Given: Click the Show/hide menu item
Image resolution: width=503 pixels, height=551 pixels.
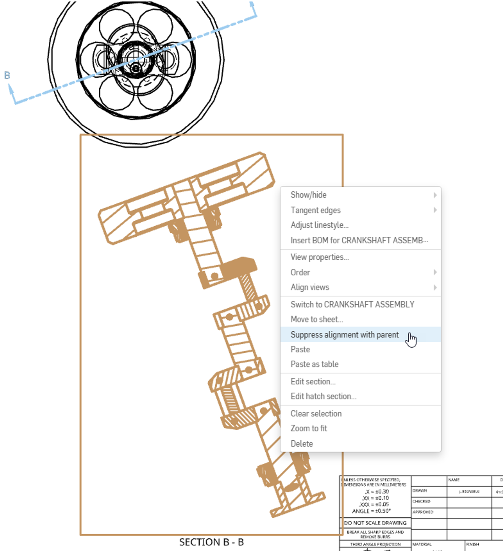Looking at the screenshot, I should [308, 195].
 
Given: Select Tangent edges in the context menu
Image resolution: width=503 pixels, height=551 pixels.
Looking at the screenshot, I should [315, 210].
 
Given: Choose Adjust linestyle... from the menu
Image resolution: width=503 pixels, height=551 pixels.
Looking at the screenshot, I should [319, 225].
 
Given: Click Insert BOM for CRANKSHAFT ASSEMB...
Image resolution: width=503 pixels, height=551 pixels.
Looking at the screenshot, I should [359, 240].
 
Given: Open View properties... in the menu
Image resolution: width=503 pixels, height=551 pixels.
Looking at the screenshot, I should [319, 257].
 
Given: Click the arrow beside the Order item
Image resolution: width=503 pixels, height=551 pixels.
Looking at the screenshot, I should [435, 272].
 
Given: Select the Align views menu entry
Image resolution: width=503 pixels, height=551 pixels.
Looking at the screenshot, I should [310, 287].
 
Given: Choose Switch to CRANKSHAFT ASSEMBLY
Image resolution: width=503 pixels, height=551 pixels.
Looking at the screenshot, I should [352, 304].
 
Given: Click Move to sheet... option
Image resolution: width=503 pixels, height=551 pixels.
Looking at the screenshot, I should [317, 319].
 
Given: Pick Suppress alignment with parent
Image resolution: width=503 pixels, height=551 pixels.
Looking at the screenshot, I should [344, 334].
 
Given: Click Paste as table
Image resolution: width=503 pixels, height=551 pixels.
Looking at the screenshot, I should [314, 364].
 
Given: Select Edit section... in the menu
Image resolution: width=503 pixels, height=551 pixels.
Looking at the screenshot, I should [313, 381].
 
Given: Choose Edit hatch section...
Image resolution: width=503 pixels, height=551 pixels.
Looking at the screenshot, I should [323, 396].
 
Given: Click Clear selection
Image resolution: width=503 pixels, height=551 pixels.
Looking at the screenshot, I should [316, 413].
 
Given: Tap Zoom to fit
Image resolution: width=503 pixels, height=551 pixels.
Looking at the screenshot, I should [309, 428].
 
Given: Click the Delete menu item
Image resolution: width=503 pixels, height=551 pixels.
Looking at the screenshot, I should [301, 444].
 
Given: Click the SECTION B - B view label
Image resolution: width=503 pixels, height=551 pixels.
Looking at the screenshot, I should [211, 542].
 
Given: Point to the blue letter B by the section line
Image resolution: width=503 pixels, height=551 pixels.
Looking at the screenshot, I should [7, 75].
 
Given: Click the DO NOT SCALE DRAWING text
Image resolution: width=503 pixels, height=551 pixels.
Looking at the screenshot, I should [375, 523].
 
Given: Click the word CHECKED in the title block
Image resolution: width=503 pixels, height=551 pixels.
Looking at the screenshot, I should [421, 501].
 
